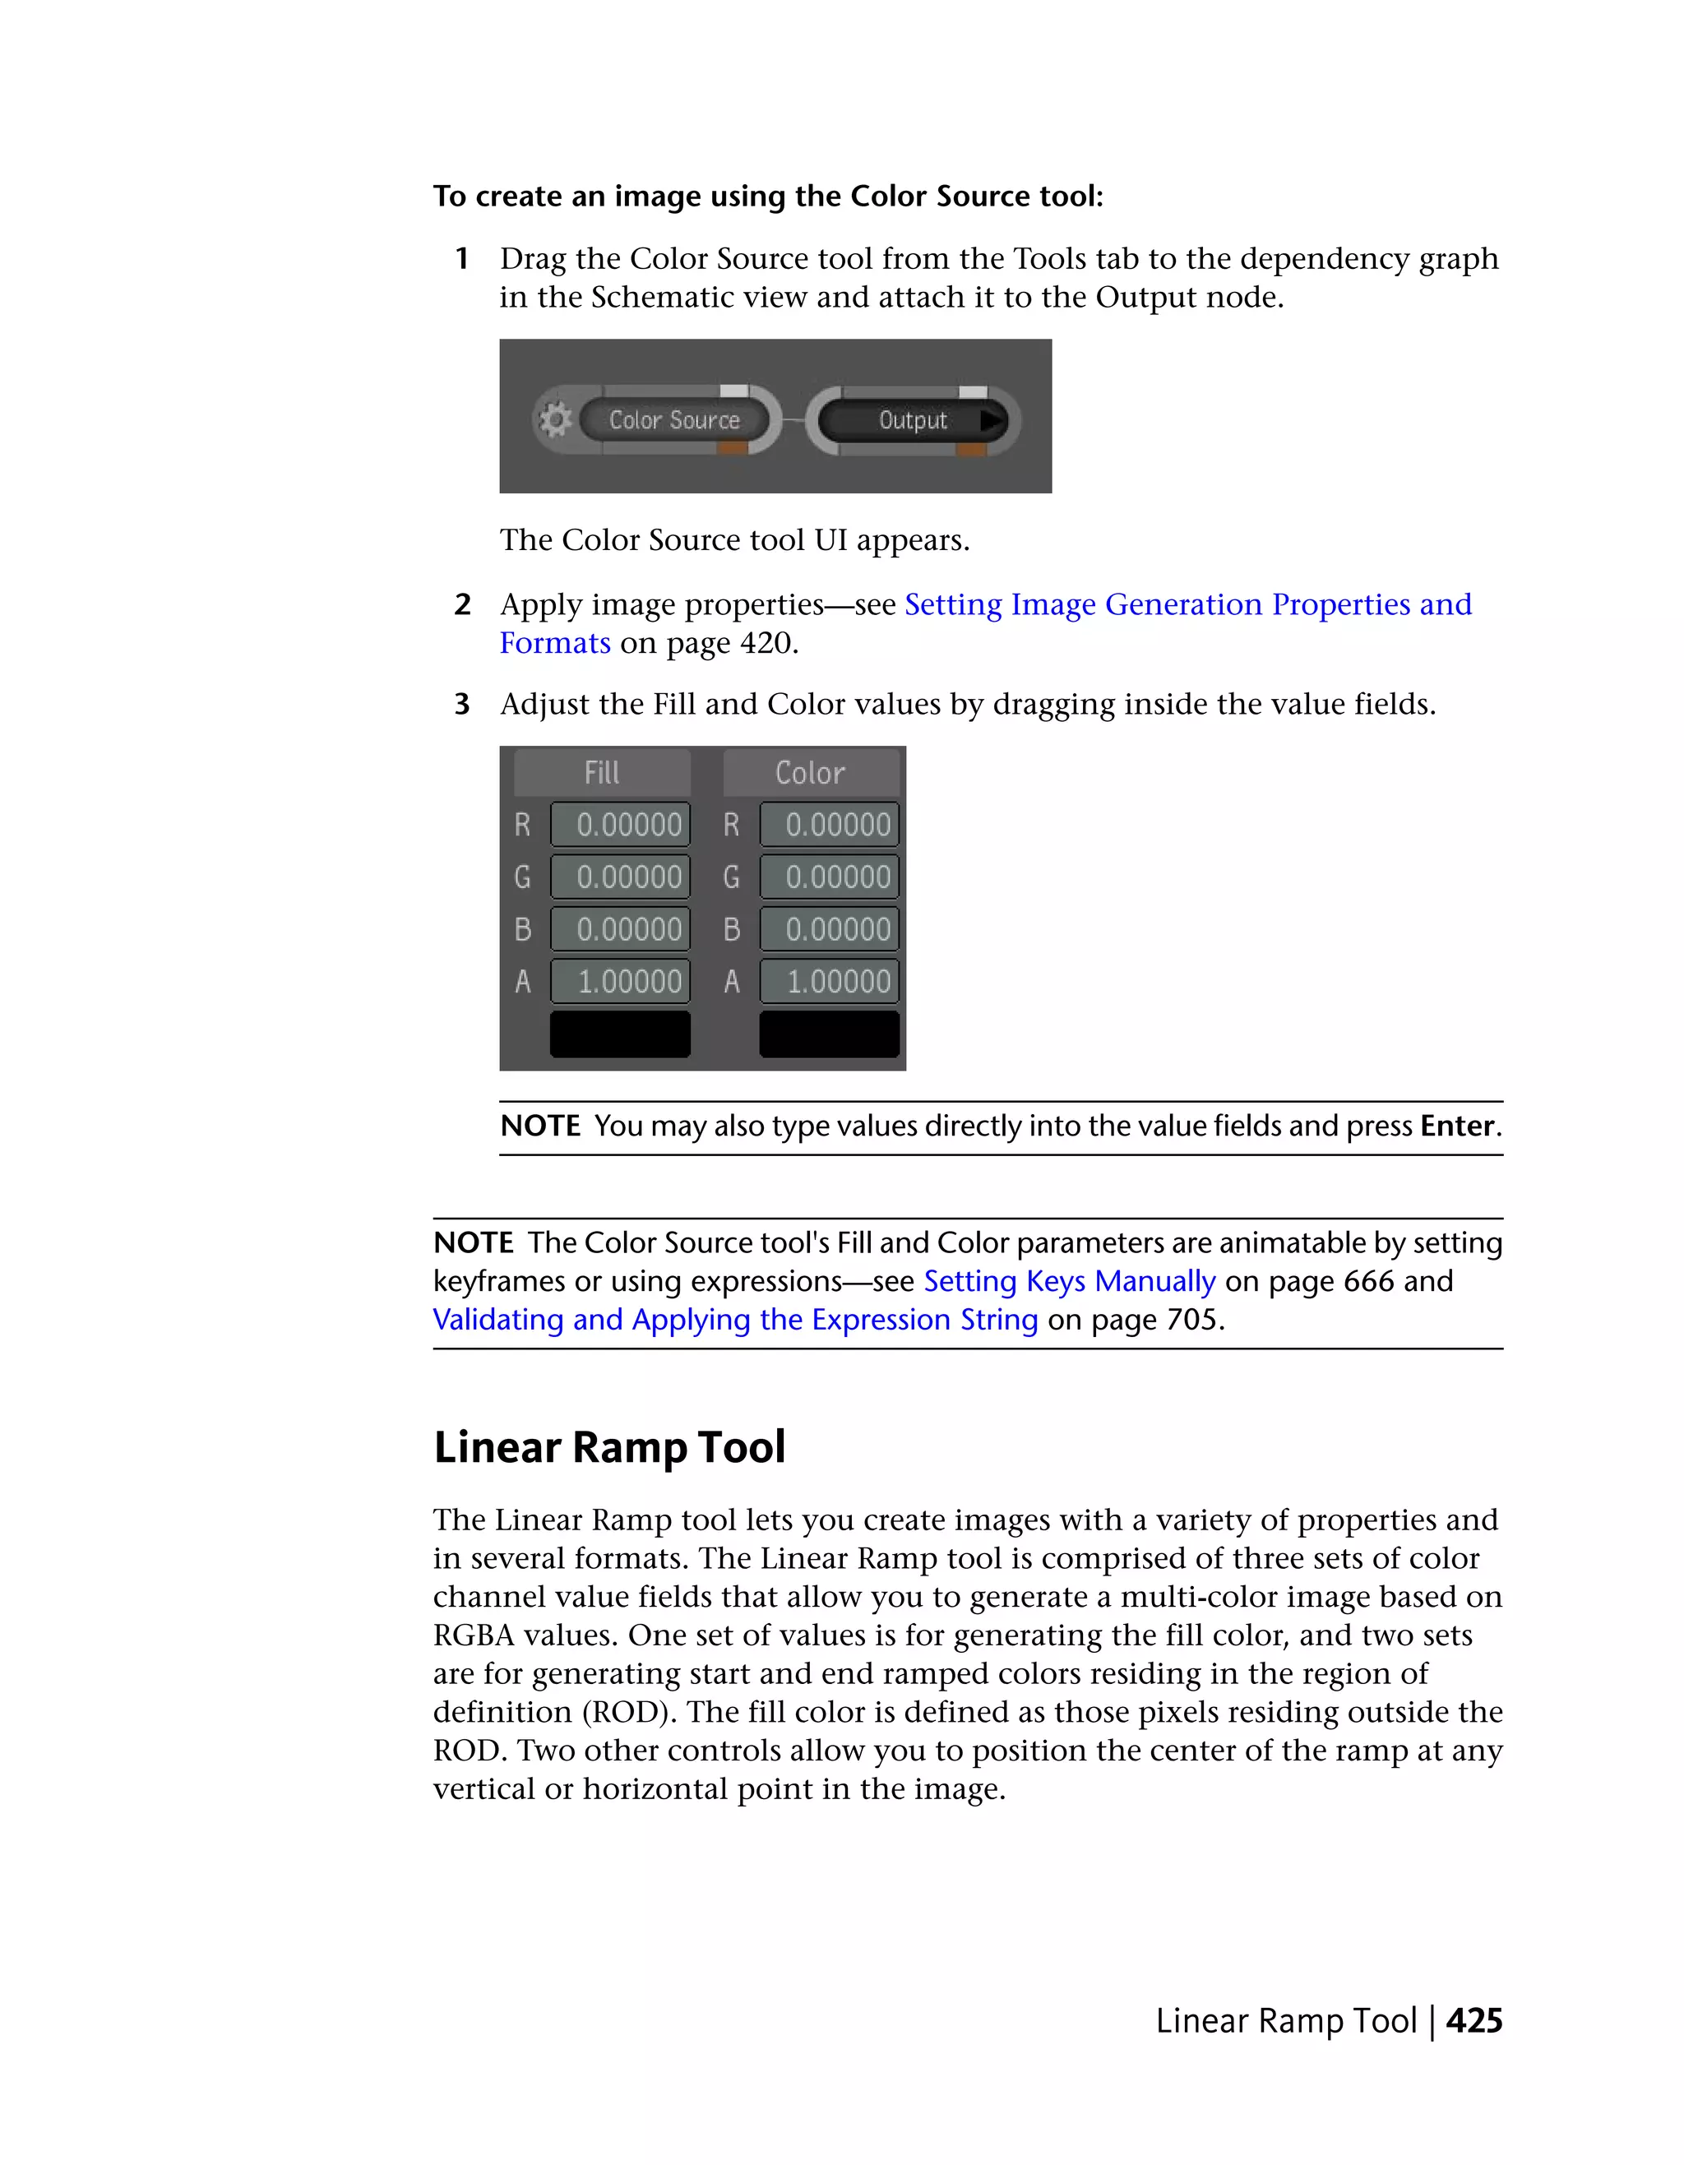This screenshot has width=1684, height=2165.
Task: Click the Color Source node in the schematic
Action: [x=674, y=420]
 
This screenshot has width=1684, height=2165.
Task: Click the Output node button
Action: [x=912, y=420]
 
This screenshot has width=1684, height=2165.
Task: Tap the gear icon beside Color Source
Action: [x=555, y=420]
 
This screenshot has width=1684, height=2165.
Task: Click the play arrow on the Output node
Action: [x=990, y=420]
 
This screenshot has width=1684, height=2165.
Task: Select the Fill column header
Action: [x=602, y=773]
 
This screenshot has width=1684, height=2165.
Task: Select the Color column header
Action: [x=810, y=773]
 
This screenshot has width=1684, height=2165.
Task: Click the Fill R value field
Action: [x=621, y=825]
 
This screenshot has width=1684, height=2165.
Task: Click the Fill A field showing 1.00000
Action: [x=621, y=982]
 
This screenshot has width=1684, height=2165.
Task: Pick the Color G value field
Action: [x=830, y=877]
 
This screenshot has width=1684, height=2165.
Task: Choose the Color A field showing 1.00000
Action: [x=830, y=982]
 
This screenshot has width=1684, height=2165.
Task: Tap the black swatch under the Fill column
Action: [x=621, y=1034]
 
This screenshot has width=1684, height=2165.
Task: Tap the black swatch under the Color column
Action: [x=830, y=1034]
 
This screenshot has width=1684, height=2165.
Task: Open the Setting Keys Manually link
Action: [x=1070, y=1282]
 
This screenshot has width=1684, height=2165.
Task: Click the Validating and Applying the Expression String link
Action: [x=735, y=1321]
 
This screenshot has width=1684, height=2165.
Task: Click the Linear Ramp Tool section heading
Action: [x=609, y=1447]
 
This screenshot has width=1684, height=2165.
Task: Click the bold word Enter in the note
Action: [x=1457, y=1126]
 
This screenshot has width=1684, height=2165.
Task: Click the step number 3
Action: [x=462, y=705]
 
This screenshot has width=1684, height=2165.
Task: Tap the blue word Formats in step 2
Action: [x=555, y=643]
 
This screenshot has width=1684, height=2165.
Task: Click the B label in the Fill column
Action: [x=523, y=930]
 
